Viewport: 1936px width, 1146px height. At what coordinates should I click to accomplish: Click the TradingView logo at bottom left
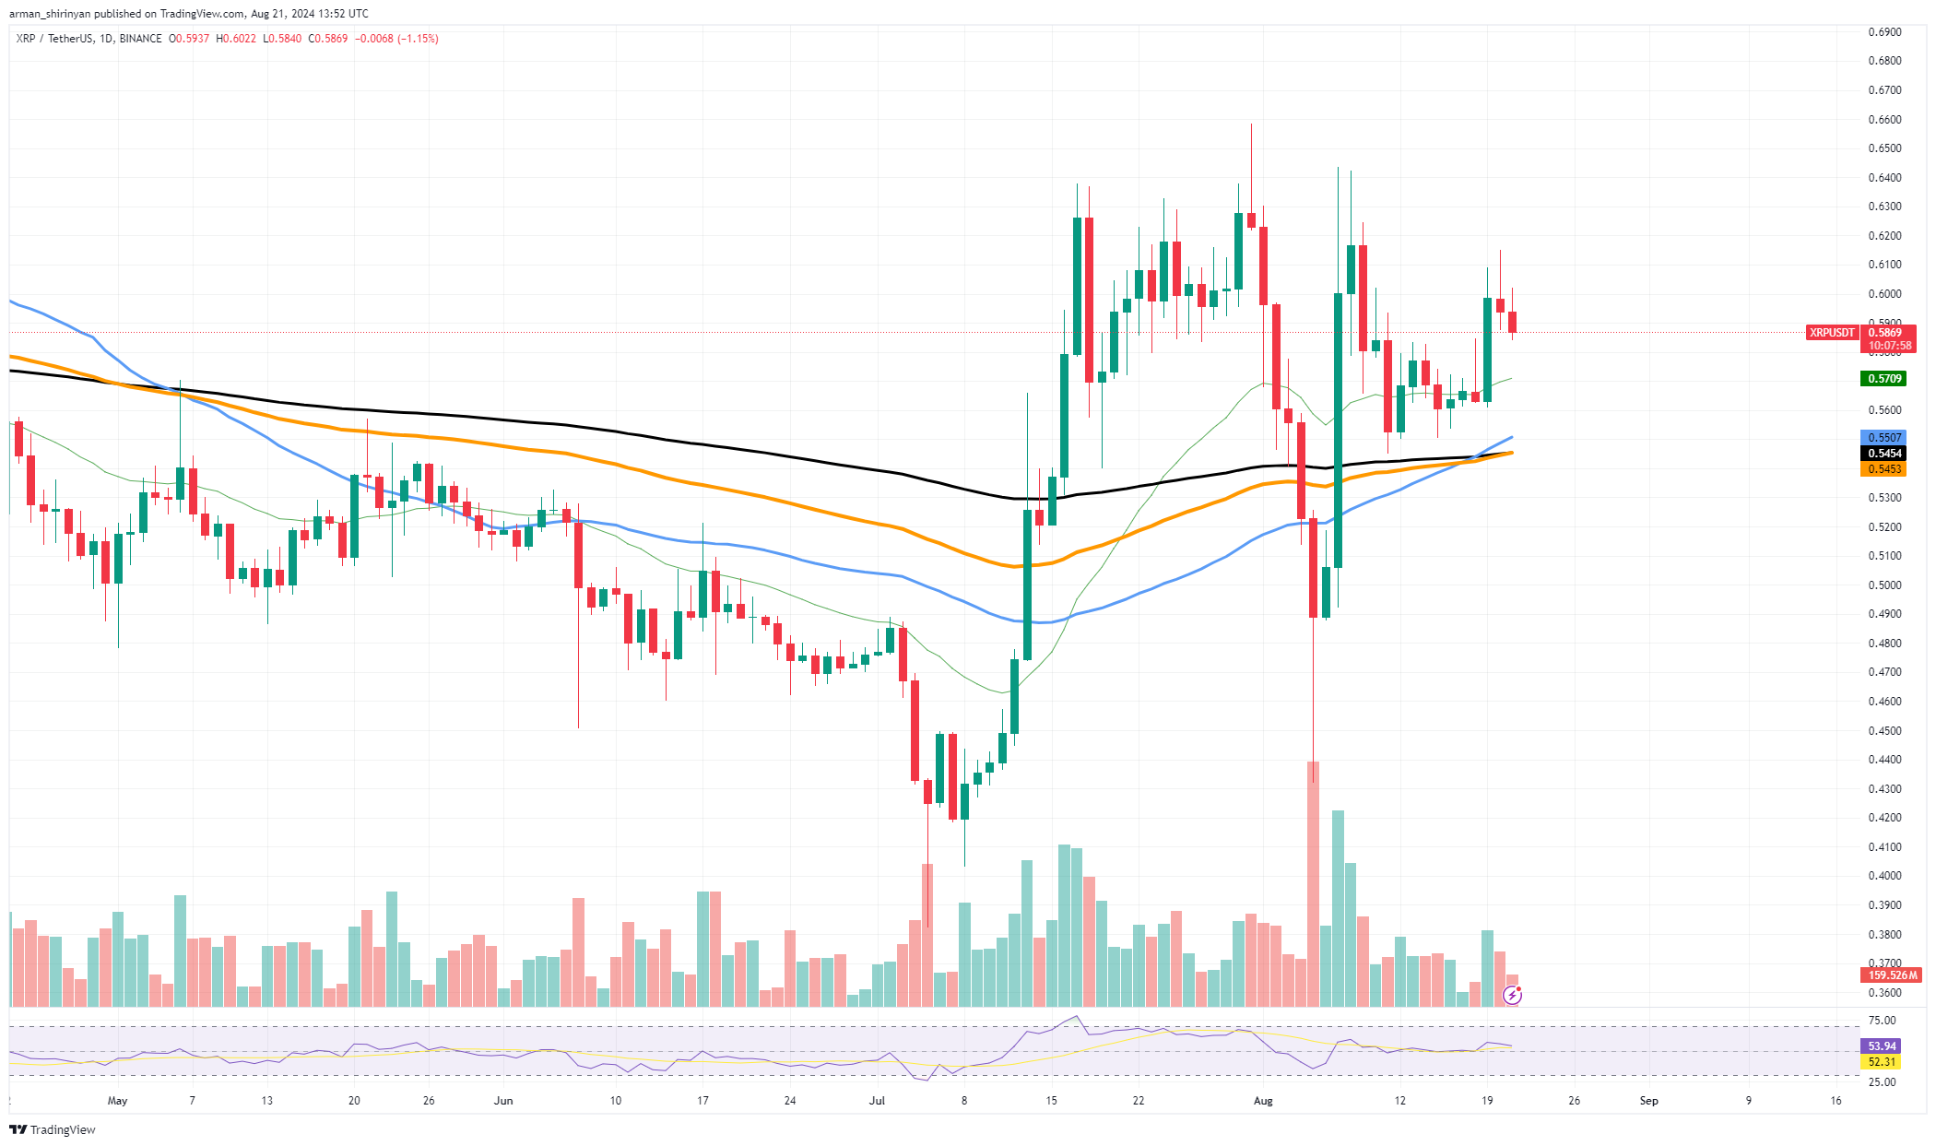tap(53, 1129)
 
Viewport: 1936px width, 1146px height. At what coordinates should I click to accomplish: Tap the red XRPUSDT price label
tap(1831, 333)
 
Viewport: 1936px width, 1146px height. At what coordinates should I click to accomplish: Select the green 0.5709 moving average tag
tap(1884, 379)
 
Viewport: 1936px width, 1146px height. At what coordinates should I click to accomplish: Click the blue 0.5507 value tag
tap(1884, 438)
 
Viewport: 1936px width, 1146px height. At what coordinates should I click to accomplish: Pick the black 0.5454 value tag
tap(1884, 454)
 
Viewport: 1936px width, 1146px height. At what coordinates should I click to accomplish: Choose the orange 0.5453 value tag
tap(1884, 469)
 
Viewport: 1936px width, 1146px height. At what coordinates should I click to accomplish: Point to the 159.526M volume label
tap(1892, 975)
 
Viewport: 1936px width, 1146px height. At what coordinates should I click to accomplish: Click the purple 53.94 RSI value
tap(1882, 1046)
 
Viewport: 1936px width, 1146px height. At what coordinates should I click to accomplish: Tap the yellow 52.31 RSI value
tap(1882, 1062)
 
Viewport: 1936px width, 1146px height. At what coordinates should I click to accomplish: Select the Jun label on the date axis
tap(503, 1101)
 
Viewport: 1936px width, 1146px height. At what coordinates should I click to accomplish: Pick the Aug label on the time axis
tap(1263, 1101)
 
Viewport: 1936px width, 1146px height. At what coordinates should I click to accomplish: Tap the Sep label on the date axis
tap(1648, 1101)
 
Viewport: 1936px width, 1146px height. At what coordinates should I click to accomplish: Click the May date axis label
tap(117, 1101)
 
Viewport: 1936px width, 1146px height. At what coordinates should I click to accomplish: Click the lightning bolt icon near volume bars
tap(1512, 995)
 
